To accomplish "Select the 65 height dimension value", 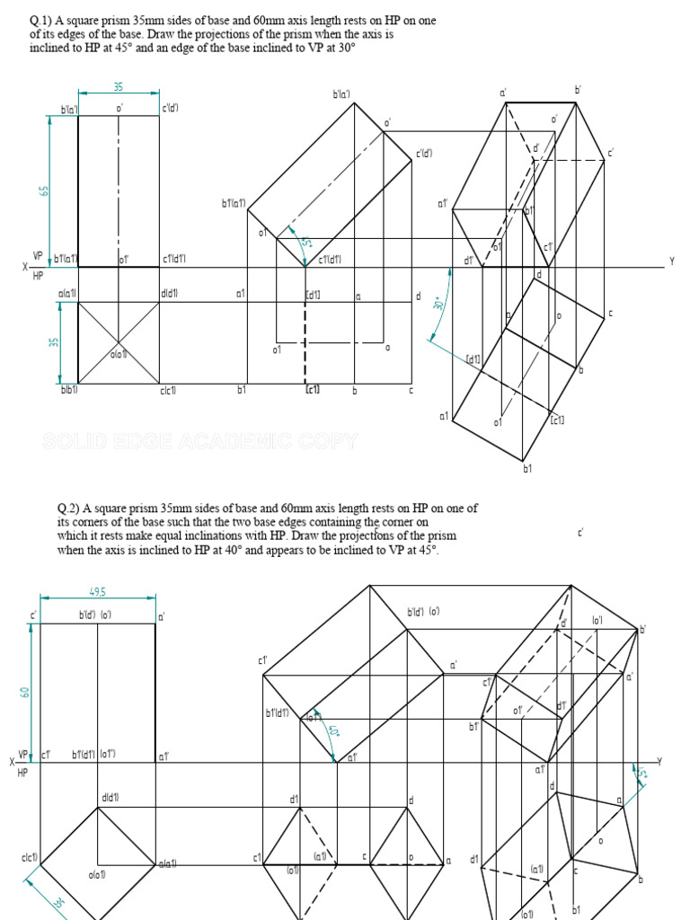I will point(41,191).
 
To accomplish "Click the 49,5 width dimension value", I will point(98,592).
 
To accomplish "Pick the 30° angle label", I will point(439,304).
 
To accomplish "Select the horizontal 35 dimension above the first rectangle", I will point(119,87).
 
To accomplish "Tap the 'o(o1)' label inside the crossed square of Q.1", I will point(118,354).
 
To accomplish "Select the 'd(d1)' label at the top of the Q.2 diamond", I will point(111,797).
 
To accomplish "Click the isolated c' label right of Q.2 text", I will point(581,533).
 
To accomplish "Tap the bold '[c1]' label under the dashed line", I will point(313,390).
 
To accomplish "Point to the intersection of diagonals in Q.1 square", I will point(119,343).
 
